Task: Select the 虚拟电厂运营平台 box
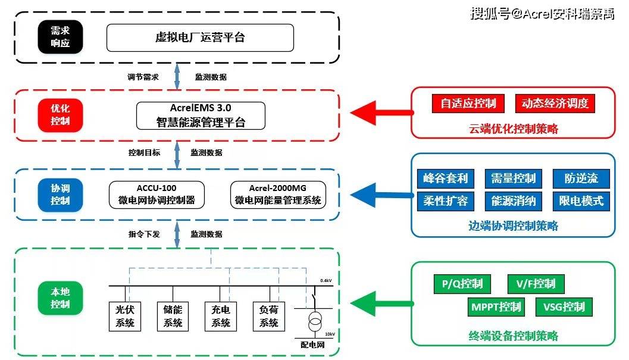[200, 37]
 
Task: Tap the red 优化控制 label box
[60, 115]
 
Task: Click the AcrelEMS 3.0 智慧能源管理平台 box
[201, 115]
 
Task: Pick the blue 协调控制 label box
[60, 194]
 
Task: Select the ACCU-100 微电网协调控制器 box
[157, 194]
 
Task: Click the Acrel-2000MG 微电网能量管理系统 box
[278, 194]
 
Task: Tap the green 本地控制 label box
[60, 298]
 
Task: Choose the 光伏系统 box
[125, 316]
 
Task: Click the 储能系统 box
[173, 316]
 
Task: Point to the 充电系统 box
[221, 316]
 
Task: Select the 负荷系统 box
[269, 316]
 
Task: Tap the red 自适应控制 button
[468, 104]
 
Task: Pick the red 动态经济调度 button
[555, 104]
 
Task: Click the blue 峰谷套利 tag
[446, 178]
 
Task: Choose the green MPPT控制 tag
[496, 307]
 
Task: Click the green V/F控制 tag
[536, 284]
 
